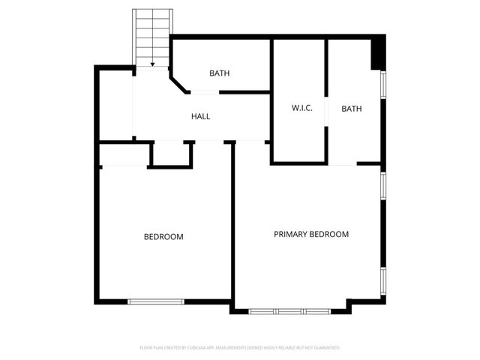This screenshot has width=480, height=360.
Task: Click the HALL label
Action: pyautogui.click(x=200, y=117)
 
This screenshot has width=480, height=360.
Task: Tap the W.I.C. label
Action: pyautogui.click(x=301, y=109)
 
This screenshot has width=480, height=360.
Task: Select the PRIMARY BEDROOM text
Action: pyautogui.click(x=310, y=235)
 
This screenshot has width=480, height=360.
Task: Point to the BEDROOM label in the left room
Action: pyautogui.click(x=163, y=237)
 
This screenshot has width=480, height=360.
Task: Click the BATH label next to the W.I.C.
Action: pyautogui.click(x=351, y=109)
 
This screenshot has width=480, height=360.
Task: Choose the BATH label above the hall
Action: pyautogui.click(x=219, y=73)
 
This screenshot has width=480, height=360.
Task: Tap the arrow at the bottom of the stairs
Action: pyautogui.click(x=152, y=64)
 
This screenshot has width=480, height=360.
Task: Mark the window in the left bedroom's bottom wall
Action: pyautogui.click(x=155, y=301)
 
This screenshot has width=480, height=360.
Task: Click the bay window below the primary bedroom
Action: pyautogui.click(x=288, y=310)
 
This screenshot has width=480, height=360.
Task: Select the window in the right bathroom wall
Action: pyautogui.click(x=382, y=84)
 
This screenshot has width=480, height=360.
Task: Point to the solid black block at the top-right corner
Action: pyautogui.click(x=379, y=52)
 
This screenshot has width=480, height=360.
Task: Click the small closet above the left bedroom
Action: pyautogui.click(x=171, y=153)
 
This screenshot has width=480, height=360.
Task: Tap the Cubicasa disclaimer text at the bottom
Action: pyautogui.click(x=240, y=348)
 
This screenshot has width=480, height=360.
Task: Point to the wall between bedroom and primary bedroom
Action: pyautogui.click(x=232, y=225)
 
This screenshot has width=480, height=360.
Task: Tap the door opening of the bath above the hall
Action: pyautogui.click(x=204, y=92)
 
